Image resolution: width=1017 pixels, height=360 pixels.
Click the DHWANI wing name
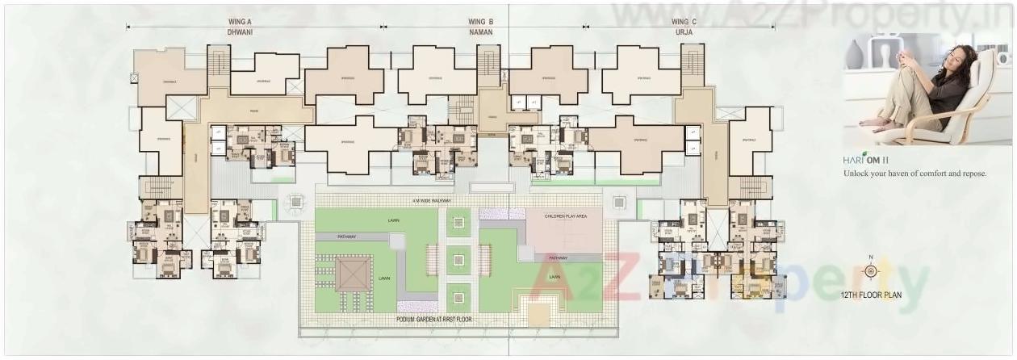click(253, 32)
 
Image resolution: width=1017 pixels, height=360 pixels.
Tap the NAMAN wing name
click(482, 32)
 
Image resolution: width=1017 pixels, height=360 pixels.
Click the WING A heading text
click(253, 22)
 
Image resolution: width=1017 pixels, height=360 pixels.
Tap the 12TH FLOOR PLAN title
click(870, 295)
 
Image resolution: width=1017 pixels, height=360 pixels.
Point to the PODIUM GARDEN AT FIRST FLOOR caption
click(434, 320)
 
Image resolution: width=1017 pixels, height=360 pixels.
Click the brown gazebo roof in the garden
click(352, 274)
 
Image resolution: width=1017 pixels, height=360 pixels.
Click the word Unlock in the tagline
click(858, 174)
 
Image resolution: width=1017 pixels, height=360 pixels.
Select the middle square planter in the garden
click(458, 260)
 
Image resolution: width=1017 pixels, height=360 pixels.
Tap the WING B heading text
click(482, 22)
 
